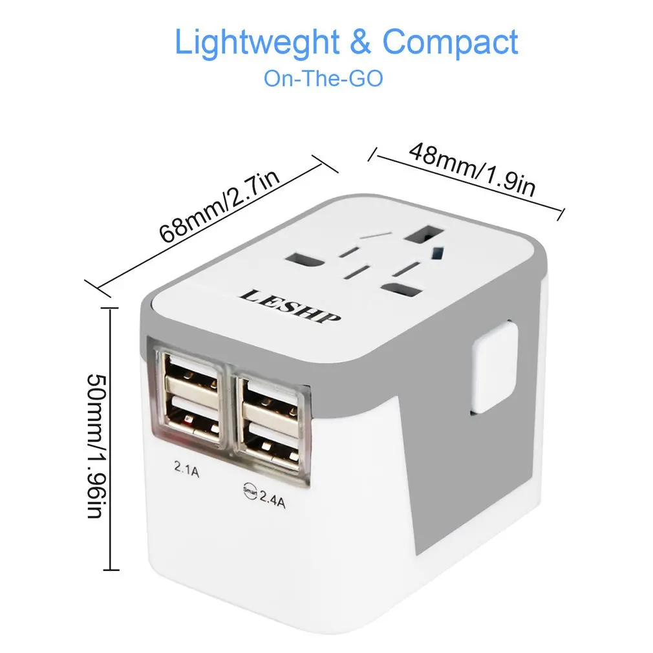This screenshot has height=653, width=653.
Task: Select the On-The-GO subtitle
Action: (x=323, y=79)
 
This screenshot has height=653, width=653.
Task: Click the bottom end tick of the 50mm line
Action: (x=112, y=570)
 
